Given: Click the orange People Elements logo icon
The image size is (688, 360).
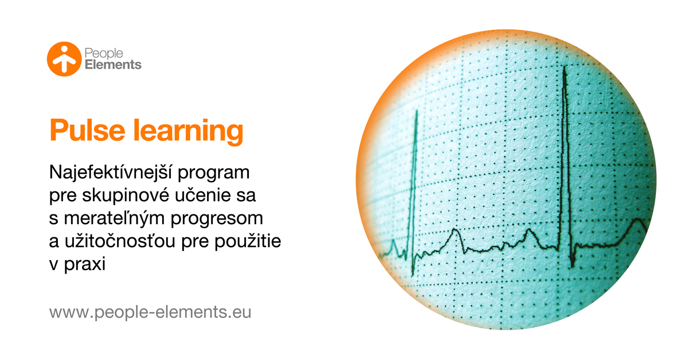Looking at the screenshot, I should click(x=64, y=58).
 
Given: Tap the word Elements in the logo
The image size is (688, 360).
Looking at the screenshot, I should click(x=113, y=65).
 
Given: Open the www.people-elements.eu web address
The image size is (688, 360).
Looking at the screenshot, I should click(x=150, y=313).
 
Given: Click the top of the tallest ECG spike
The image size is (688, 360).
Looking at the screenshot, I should click(x=565, y=68).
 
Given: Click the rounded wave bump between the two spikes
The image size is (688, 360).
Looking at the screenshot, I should click(x=455, y=232).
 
